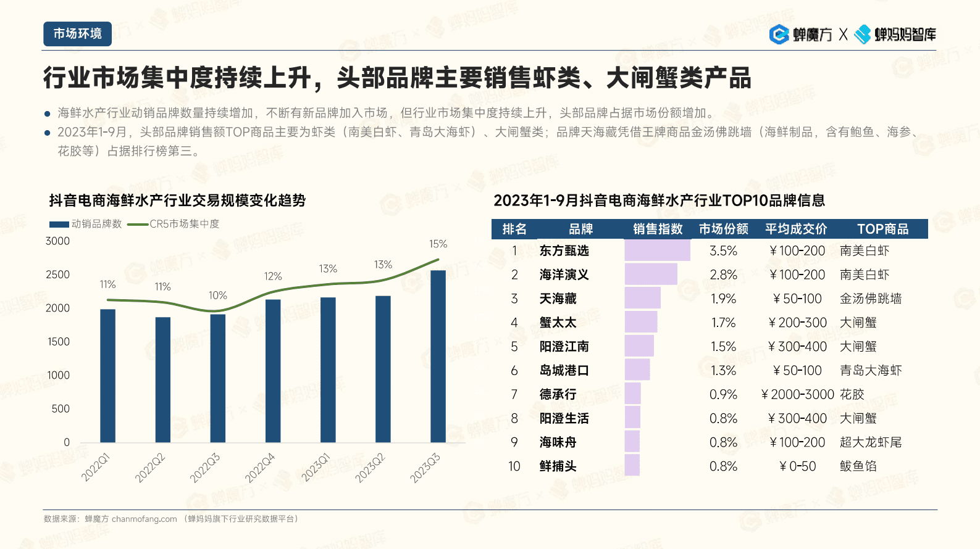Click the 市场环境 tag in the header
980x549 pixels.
[x=77, y=34]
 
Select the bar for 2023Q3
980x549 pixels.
[x=438, y=356]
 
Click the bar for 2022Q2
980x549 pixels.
[x=163, y=379]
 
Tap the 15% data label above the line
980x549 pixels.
[x=438, y=244]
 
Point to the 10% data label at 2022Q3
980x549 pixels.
[x=217, y=295]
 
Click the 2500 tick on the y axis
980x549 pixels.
[x=57, y=274]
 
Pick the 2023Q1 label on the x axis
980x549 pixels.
[x=316, y=467]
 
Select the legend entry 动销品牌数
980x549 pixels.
[x=86, y=224]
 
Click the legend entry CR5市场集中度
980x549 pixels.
[x=174, y=224]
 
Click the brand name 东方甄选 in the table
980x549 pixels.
[x=564, y=251]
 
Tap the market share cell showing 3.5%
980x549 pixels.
[x=723, y=251]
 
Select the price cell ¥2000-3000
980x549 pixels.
[x=797, y=395]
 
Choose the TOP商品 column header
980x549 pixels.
[x=882, y=229]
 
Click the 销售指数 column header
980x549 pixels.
[x=658, y=229]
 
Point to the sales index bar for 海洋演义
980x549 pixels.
[x=650, y=274]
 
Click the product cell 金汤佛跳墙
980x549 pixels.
[x=870, y=299]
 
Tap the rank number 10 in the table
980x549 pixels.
[x=514, y=466]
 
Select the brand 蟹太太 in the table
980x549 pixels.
[x=558, y=323]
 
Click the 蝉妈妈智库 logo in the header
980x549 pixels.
[x=895, y=35]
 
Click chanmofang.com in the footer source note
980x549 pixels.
[x=144, y=519]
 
